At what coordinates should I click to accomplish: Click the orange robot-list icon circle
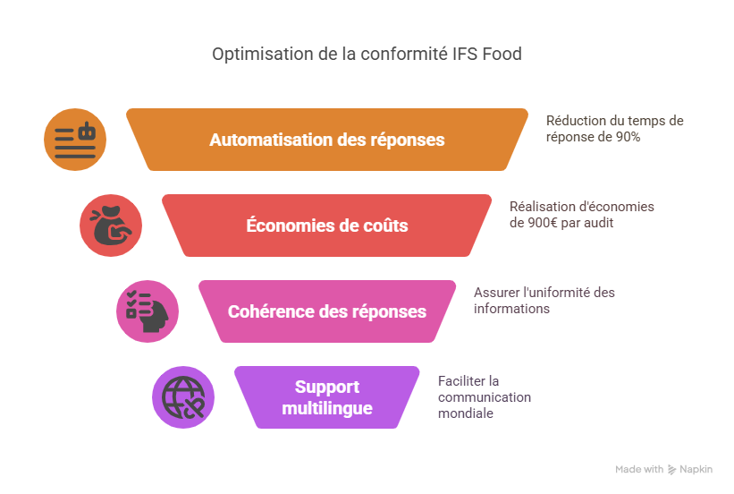75,140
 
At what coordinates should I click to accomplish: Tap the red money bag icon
111,226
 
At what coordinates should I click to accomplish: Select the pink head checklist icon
148,311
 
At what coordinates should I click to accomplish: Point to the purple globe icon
183,397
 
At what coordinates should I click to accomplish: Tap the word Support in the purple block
327,388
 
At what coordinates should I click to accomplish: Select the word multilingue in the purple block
327,408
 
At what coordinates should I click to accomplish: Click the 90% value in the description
628,137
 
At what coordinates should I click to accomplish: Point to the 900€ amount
543,223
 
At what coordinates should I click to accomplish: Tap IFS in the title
465,54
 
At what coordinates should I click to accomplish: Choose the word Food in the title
502,54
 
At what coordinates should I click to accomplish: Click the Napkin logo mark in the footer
671,469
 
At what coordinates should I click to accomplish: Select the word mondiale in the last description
466,413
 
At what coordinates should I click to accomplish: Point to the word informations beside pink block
511,309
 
